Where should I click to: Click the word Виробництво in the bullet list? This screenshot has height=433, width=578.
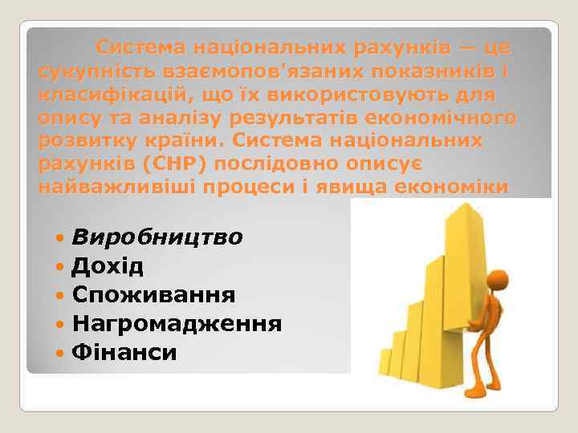point(158,238)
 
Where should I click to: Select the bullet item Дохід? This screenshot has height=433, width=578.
point(108,266)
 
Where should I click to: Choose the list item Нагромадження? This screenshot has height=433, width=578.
point(177,323)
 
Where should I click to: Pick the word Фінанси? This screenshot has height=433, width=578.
point(124,352)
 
